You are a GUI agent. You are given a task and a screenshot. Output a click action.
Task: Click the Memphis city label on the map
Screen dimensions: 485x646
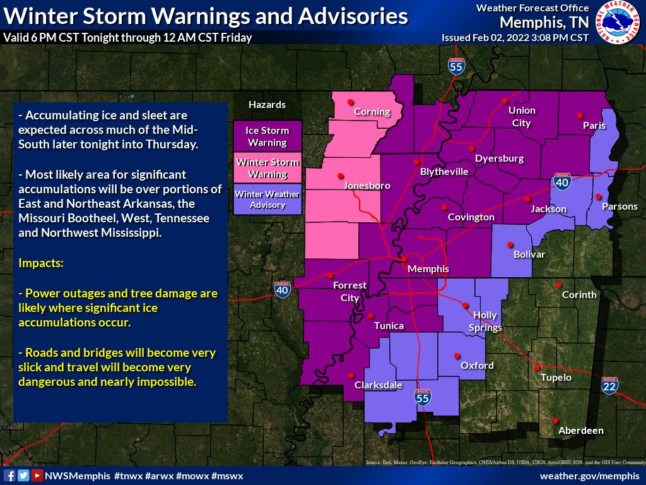click(x=428, y=269)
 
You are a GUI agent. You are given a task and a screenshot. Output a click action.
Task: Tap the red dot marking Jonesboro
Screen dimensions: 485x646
click(x=341, y=176)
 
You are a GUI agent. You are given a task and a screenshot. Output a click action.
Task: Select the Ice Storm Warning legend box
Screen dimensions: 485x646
click(x=267, y=136)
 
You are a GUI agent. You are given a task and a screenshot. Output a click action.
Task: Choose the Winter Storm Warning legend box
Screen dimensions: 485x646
click(x=267, y=168)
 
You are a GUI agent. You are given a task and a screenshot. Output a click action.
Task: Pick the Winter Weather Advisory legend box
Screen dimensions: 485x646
click(x=267, y=200)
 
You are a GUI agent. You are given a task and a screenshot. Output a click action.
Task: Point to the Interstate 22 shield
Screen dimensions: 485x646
click(x=609, y=386)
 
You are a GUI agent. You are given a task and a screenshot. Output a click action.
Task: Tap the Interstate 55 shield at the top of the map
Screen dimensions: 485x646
click(x=454, y=65)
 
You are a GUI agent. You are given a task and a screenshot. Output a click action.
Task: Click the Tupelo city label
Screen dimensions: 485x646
click(x=556, y=378)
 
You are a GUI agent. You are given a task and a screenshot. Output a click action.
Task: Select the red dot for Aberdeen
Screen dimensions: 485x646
click(x=555, y=421)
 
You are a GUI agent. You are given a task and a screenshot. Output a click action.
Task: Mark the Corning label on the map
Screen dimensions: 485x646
click(x=372, y=112)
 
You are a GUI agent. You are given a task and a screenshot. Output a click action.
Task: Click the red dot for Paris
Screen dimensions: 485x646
click(x=580, y=116)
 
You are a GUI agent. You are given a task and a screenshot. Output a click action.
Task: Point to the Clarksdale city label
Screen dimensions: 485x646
click(x=378, y=385)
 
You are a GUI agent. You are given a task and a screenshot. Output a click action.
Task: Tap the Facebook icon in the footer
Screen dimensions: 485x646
click(x=9, y=476)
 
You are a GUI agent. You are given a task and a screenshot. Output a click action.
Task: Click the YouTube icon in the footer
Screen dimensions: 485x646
click(x=37, y=476)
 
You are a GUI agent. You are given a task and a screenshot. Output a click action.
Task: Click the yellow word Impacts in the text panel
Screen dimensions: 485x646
click(x=42, y=263)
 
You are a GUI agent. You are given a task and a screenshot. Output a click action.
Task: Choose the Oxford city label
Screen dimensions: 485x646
click(x=477, y=366)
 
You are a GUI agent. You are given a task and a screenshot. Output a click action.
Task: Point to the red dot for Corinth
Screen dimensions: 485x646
click(x=558, y=285)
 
